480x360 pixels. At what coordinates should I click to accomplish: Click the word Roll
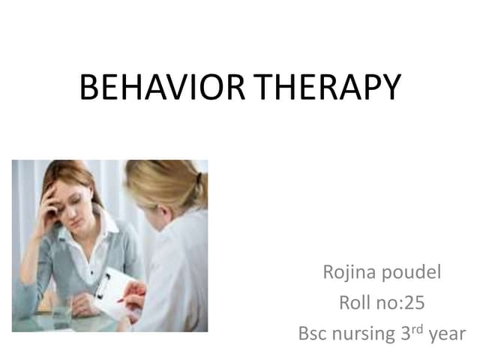click(354, 303)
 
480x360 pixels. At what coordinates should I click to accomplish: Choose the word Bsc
click(313, 334)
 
